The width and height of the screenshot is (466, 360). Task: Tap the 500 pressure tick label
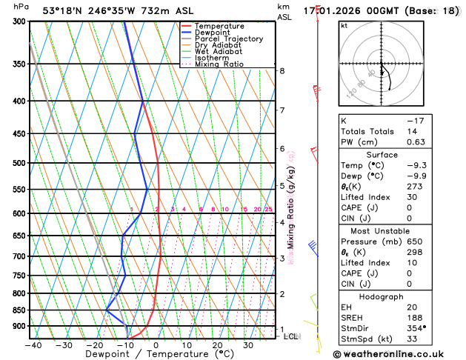(x=19, y=163)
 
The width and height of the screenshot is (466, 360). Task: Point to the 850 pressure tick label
(x=19, y=310)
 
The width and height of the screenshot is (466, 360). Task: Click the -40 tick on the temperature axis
(x=33, y=345)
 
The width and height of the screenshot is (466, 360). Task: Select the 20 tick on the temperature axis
(x=217, y=345)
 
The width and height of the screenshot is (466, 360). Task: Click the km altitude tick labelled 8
(x=282, y=71)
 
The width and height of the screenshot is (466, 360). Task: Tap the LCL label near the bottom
(x=291, y=336)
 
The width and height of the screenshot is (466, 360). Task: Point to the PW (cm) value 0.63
(x=413, y=142)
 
